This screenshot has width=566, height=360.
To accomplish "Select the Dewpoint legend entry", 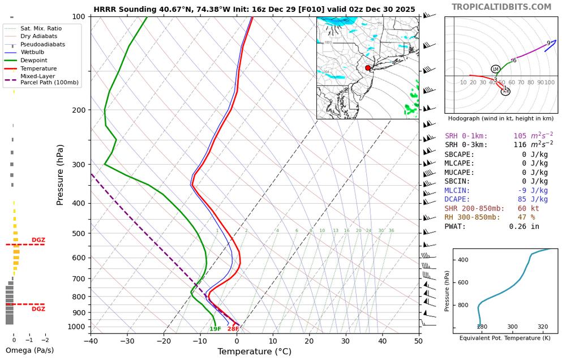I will pyautogui.click(x=34, y=60).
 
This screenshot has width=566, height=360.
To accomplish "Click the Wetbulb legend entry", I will pyautogui.click(x=34, y=52).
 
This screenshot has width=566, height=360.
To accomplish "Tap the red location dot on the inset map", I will pyautogui.click(x=368, y=68).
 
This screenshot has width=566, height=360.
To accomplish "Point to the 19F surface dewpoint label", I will pyautogui.click(x=215, y=329).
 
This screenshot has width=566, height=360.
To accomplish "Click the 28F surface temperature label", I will pyautogui.click(x=233, y=329).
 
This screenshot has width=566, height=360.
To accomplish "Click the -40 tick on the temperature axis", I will pyautogui.click(x=91, y=341).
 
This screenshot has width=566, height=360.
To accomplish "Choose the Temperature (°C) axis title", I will pyautogui.click(x=254, y=352).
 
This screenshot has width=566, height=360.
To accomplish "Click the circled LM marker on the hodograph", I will pyautogui.click(x=495, y=69).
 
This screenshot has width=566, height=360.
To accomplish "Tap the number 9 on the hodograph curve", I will pyautogui.click(x=548, y=43).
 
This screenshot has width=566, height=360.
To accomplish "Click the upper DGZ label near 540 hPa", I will pyautogui.click(x=38, y=240).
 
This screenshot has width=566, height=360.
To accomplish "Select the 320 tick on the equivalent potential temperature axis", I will pyautogui.click(x=543, y=327).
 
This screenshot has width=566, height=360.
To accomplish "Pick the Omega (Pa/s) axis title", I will pyautogui.click(x=29, y=350).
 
